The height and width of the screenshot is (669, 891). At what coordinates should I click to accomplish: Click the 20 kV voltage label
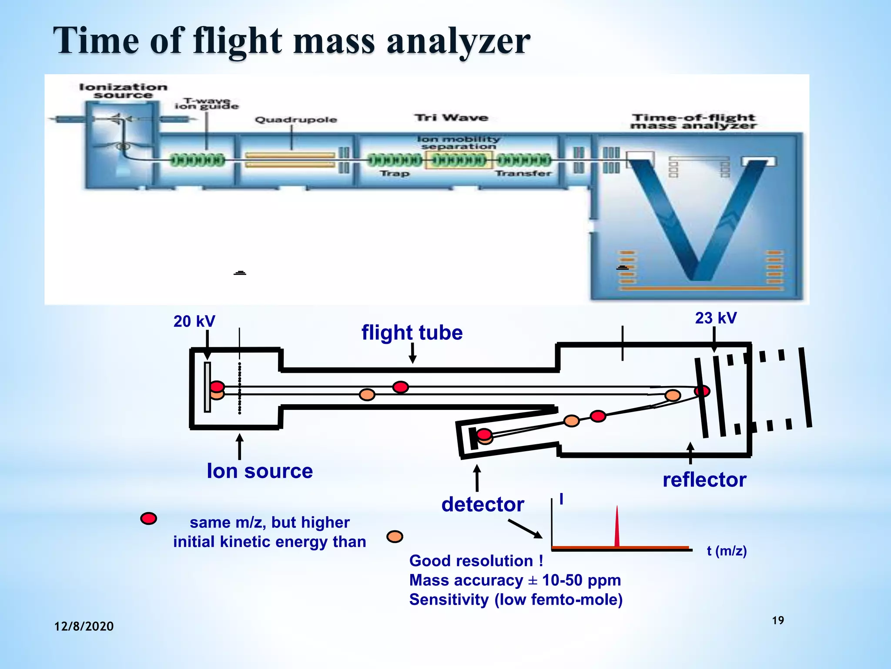click(x=194, y=321)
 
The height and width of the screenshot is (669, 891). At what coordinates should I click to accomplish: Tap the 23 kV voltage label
click(x=716, y=318)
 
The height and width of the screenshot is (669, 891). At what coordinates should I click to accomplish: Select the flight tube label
click(x=412, y=333)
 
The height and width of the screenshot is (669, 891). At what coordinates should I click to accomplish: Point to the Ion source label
click(x=260, y=471)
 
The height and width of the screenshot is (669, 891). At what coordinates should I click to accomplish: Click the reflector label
click(x=704, y=480)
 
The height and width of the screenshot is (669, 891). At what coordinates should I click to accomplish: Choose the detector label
click(x=482, y=504)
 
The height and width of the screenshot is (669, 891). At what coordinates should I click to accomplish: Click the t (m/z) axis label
click(x=727, y=551)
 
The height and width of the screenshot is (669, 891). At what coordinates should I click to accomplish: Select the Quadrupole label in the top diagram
click(x=296, y=120)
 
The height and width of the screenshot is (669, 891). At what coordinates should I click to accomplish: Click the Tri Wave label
click(x=451, y=118)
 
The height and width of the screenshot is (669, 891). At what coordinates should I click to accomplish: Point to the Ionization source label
click(x=123, y=91)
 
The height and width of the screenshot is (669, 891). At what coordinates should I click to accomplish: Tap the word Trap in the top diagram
click(x=395, y=173)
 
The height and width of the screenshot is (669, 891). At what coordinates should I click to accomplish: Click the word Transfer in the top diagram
click(x=523, y=173)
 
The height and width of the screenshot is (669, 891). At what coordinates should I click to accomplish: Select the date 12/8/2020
click(x=84, y=626)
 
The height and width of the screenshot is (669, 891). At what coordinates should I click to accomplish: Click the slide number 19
click(x=778, y=620)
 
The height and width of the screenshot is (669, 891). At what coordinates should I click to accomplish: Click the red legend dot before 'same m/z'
click(x=148, y=518)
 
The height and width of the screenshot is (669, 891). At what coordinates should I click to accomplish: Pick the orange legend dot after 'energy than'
click(x=395, y=536)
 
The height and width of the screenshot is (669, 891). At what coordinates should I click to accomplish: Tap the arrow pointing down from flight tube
click(x=412, y=353)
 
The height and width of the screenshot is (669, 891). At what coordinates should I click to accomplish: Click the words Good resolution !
click(x=476, y=561)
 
